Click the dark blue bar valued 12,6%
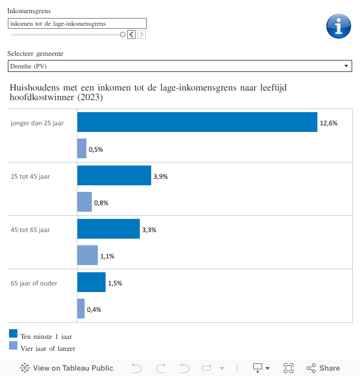click(197, 122)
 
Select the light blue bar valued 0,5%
click(82, 149)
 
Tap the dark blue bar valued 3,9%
click(114, 176)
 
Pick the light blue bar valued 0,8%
click(85, 202)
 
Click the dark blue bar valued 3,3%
click(109, 229)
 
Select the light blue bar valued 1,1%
click(88, 255)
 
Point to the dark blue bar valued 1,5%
click(91, 282)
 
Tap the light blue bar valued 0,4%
click(81, 309)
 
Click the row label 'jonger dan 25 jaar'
click(37, 123)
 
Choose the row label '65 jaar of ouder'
click(34, 283)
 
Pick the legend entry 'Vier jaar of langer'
click(47, 348)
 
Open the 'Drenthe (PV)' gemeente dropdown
click(179, 66)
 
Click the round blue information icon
click(338, 26)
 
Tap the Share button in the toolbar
click(323, 368)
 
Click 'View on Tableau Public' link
click(67, 368)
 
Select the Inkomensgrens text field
click(77, 23)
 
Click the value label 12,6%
click(329, 123)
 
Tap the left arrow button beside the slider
click(131, 34)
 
